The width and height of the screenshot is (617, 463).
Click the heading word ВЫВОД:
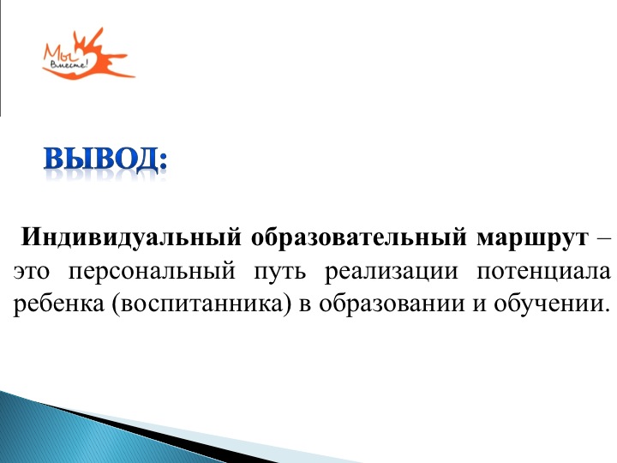105,159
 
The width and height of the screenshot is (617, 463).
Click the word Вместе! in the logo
69,63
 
